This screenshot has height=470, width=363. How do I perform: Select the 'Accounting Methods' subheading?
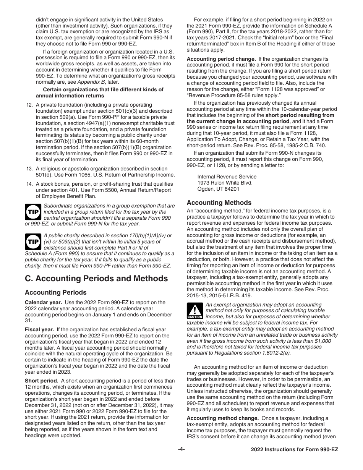(219, 203)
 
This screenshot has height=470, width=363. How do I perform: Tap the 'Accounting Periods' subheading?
(56, 293)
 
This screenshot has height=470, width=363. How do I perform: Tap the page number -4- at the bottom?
(181, 449)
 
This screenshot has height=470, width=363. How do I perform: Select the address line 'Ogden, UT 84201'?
(218, 189)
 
